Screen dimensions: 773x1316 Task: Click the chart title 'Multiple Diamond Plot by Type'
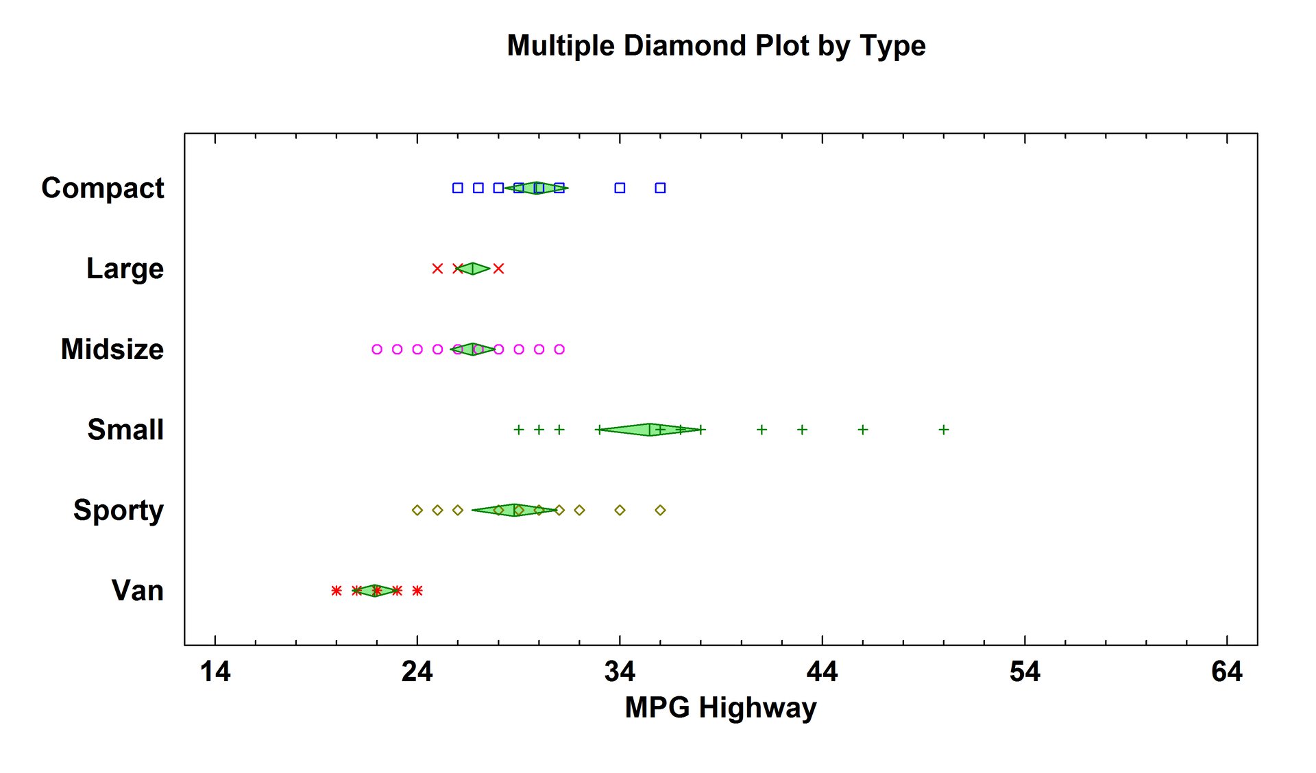(x=716, y=46)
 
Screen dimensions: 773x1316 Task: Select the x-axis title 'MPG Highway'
(x=720, y=707)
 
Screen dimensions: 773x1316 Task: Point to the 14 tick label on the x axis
(x=215, y=672)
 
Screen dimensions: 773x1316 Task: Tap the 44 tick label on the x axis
(x=822, y=672)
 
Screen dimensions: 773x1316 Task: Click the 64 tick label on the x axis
(x=1226, y=672)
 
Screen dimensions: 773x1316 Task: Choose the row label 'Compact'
(x=103, y=188)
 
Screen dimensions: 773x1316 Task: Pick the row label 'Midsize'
(x=112, y=349)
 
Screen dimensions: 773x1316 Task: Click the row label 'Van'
(x=138, y=591)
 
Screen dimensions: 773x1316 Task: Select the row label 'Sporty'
(x=119, y=510)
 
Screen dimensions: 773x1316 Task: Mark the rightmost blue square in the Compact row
(x=660, y=188)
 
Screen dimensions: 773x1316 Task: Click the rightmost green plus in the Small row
(x=944, y=430)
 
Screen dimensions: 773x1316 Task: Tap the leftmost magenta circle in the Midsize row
(x=377, y=349)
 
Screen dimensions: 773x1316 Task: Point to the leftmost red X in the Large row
(x=437, y=269)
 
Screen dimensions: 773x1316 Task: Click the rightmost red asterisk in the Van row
(x=417, y=591)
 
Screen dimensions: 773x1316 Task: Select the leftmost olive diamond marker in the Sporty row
(x=417, y=510)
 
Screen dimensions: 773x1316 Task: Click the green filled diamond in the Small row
(x=650, y=430)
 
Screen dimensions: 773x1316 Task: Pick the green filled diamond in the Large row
(x=473, y=269)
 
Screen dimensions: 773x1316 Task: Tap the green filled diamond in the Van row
(x=375, y=591)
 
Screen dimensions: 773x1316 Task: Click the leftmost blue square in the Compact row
(x=458, y=188)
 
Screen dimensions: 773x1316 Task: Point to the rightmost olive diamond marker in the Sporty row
(x=660, y=510)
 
